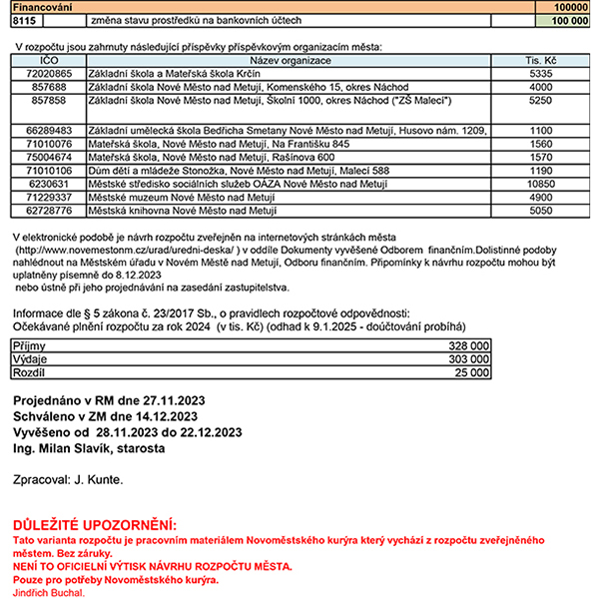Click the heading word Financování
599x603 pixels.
(37, 7)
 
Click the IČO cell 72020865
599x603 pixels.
(49, 74)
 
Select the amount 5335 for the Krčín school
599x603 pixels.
(540, 74)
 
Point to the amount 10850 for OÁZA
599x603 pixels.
(540, 184)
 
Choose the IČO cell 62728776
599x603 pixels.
(49, 211)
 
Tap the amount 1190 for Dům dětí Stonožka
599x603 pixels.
(540, 171)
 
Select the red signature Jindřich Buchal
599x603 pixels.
(49, 593)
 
